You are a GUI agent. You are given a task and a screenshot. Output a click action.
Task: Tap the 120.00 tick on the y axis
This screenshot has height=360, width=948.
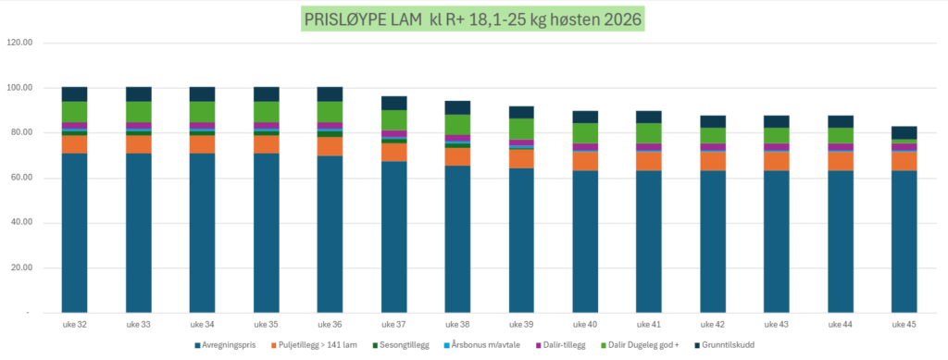click(19, 43)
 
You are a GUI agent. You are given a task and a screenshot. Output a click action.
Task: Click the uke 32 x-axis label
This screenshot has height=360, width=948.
click(74, 324)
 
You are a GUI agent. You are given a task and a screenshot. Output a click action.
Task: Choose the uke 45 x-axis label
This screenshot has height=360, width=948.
click(904, 324)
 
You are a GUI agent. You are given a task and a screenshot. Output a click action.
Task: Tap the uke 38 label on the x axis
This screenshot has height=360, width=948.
click(457, 324)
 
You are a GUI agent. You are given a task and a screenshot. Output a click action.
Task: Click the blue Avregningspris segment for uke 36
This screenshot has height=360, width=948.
click(330, 234)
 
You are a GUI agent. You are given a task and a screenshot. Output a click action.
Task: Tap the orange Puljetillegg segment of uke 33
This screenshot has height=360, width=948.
click(139, 144)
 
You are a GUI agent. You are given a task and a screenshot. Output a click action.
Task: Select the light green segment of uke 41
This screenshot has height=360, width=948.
click(648, 133)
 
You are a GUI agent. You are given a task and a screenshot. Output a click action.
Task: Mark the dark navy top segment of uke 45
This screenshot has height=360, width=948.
click(904, 133)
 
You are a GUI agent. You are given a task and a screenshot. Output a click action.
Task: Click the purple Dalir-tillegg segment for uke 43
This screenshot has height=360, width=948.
click(777, 147)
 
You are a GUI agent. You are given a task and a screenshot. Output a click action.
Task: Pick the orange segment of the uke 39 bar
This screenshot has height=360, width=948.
click(521, 158)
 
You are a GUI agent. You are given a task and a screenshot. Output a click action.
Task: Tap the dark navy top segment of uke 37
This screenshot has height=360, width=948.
click(393, 104)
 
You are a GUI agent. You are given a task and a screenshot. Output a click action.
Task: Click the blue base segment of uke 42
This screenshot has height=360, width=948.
click(712, 242)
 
